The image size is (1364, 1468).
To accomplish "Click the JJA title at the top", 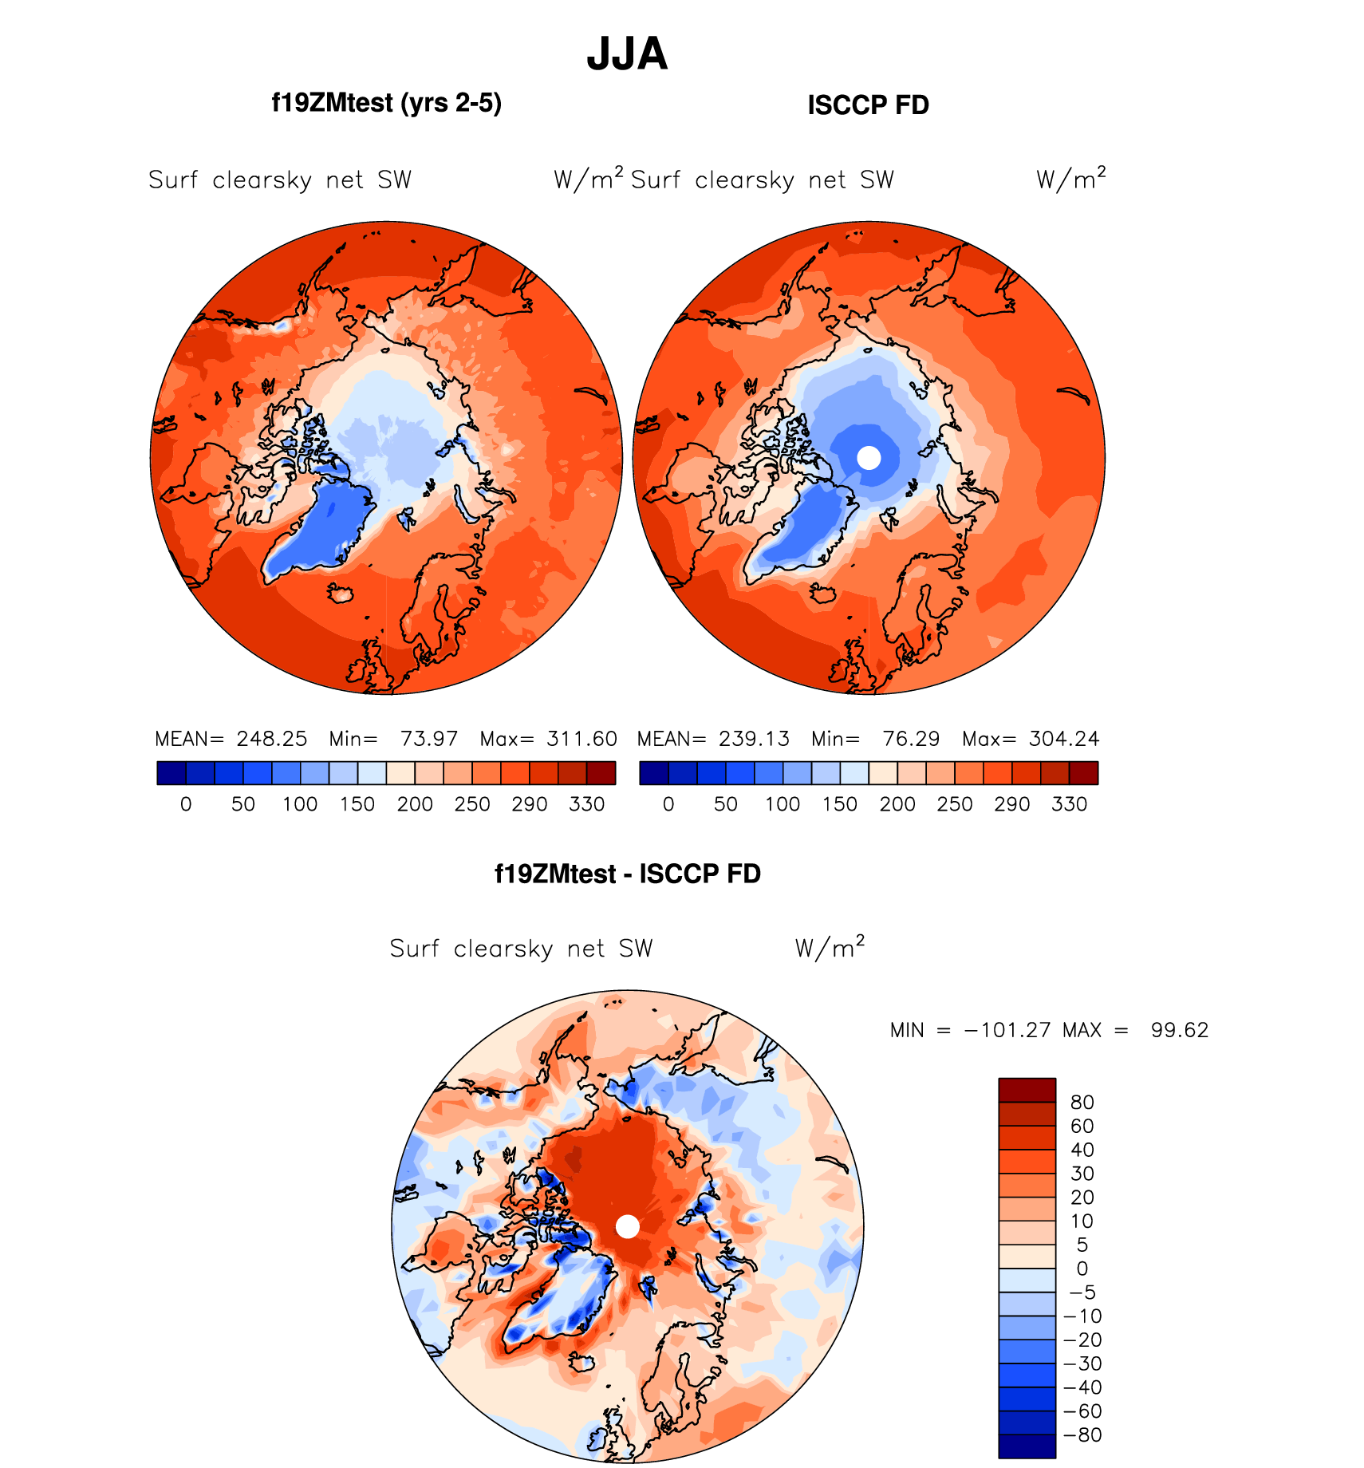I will pos(627,54).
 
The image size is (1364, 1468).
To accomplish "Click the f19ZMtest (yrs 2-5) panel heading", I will pos(386,104).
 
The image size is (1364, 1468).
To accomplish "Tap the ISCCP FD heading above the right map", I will pos(868,105).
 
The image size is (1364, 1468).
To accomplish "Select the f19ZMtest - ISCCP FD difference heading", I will pos(627,874).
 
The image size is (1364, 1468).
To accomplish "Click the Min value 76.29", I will pos(911,739).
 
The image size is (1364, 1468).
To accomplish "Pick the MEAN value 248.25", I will pos(271,739).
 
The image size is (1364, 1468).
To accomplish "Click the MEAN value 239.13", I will pos(754,739).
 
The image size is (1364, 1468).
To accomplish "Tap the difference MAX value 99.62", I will pos(1179,1030).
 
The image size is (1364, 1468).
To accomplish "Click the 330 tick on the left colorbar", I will pos(586,804).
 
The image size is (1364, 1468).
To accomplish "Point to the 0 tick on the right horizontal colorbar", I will pos(668,804).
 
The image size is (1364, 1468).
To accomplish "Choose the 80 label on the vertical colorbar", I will pos(1082,1103).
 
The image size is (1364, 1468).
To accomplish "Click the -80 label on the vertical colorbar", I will pos(1083,1434).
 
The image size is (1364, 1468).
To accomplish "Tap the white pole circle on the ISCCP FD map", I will pos(869,458).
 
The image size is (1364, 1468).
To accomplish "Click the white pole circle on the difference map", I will pos(628,1226).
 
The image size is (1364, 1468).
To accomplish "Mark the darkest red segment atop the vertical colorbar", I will pos(1027,1090).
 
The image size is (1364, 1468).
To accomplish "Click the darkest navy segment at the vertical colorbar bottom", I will pos(1027,1446).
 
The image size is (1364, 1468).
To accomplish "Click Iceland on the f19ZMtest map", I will pos(341,593).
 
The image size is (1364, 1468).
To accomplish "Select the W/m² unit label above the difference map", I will pos(830,948).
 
